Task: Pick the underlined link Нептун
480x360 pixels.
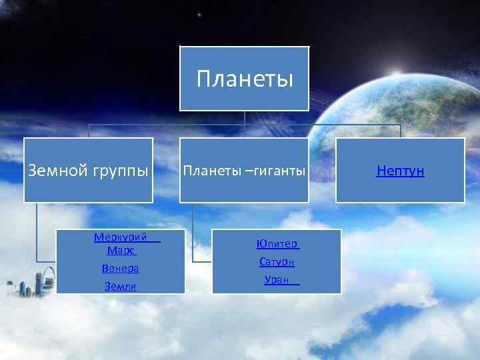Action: [x=400, y=171]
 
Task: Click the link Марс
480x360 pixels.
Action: [x=121, y=251]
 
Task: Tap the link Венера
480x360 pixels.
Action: [x=121, y=268]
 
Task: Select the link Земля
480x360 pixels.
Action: [x=121, y=286]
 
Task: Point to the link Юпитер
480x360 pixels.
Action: [x=277, y=244]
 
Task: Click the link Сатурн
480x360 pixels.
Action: [x=277, y=262]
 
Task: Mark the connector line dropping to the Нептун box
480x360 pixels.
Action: [x=400, y=131]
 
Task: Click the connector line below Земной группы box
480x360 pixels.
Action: [x=37, y=230]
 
